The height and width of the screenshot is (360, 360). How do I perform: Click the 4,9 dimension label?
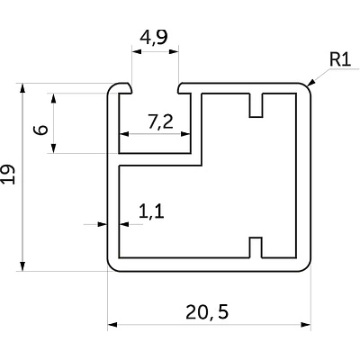(x=154, y=38)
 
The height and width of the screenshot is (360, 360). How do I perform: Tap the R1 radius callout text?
(x=340, y=59)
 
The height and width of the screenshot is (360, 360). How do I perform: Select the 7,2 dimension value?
(x=160, y=122)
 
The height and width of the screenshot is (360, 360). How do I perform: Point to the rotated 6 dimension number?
(x=40, y=130)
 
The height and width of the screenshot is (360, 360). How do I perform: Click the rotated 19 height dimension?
(x=8, y=174)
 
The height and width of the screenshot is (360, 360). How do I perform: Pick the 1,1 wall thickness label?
(x=151, y=211)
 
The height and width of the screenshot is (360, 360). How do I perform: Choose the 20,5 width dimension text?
(x=207, y=312)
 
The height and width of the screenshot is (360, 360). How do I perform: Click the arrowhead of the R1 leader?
(x=311, y=83)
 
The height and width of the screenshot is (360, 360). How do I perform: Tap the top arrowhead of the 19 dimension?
(x=22, y=88)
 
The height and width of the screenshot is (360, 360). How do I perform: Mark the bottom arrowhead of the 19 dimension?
(x=22, y=266)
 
